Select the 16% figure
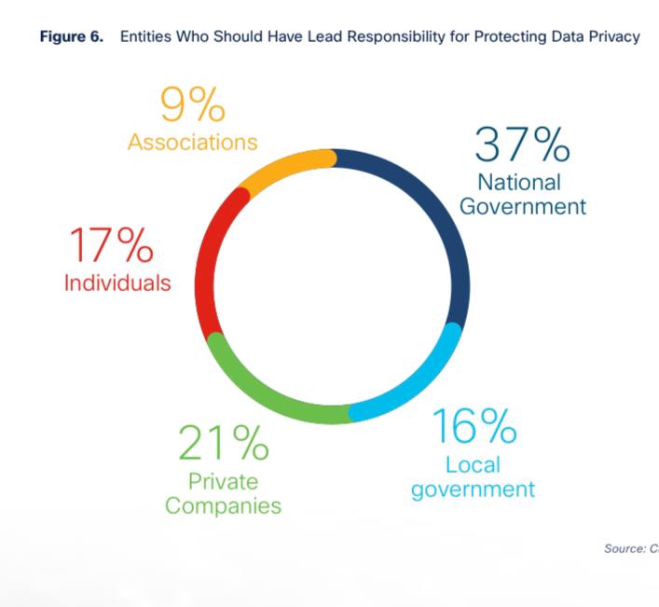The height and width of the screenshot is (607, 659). pyautogui.click(x=474, y=427)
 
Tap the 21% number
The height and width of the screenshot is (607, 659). pyautogui.click(x=224, y=446)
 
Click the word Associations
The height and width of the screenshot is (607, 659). pyautogui.click(x=192, y=143)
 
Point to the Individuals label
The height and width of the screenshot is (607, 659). pyautogui.click(x=117, y=283)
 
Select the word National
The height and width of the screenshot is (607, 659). pyautogui.click(x=519, y=182)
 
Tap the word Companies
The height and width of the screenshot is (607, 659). pyautogui.click(x=223, y=506)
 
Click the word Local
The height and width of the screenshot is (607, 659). pyautogui.click(x=473, y=464)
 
